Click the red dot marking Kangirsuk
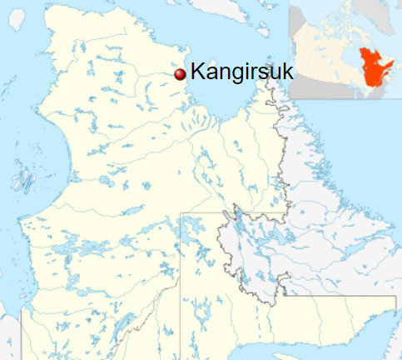[179, 74]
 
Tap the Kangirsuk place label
[241, 73]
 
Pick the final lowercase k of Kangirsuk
[287, 72]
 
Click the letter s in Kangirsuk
[263, 73]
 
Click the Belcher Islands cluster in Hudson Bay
[23, 179]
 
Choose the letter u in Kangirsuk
[275, 73]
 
